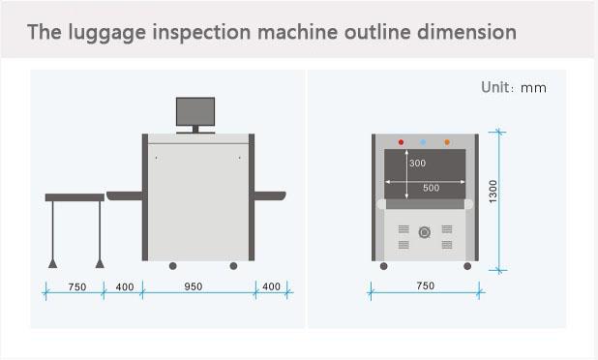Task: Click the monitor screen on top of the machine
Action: (195, 111)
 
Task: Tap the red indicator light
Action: (401, 142)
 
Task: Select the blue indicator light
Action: (423, 142)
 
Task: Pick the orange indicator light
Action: (447, 142)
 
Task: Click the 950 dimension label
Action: (194, 286)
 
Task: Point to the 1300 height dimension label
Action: (493, 192)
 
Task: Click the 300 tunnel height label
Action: (418, 164)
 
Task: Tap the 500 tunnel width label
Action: (432, 188)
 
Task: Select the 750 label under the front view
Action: (425, 285)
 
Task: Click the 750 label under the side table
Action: (77, 286)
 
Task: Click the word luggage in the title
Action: (107, 32)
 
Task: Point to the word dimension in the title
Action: (466, 31)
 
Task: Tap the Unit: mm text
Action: (514, 87)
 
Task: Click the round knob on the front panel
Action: (425, 232)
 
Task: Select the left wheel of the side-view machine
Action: (173, 266)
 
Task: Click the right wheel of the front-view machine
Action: (467, 266)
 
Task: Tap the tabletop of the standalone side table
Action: (75, 197)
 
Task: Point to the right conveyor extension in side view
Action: (270, 195)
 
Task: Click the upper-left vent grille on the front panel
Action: (404, 228)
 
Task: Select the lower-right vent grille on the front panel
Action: (447, 245)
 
